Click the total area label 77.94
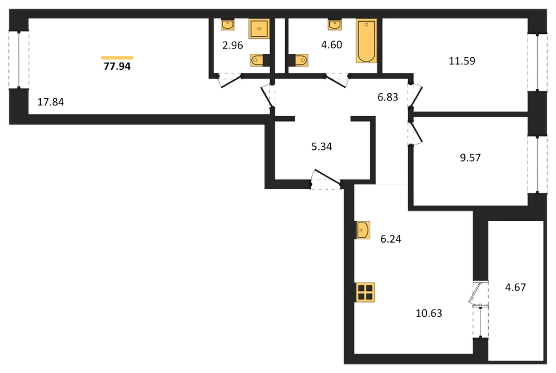pyautogui.click(x=117, y=66)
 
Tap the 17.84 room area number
pyautogui.click(x=51, y=102)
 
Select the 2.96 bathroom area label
pyautogui.click(x=232, y=46)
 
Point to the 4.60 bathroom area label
pyautogui.click(x=331, y=44)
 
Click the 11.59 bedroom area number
pyautogui.click(x=462, y=61)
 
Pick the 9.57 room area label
pyautogui.click(x=470, y=158)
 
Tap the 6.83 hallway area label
pyautogui.click(x=388, y=97)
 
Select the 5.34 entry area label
pyautogui.click(x=321, y=146)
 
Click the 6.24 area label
pyautogui.click(x=391, y=239)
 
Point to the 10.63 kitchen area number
pyautogui.click(x=429, y=313)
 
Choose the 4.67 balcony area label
pyautogui.click(x=515, y=287)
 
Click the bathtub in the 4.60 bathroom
pyautogui.click(x=366, y=41)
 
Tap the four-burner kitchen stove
pyautogui.click(x=365, y=293)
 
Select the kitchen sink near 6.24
pyautogui.click(x=363, y=230)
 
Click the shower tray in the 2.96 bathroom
pyautogui.click(x=259, y=28)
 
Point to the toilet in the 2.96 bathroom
pyautogui.click(x=260, y=60)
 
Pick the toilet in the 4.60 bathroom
pyautogui.click(x=299, y=60)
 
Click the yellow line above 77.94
pyautogui.click(x=117, y=57)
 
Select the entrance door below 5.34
pyautogui.click(x=325, y=179)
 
